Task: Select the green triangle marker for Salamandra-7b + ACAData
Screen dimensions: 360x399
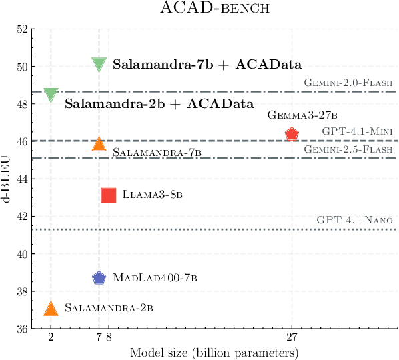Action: click(99, 64)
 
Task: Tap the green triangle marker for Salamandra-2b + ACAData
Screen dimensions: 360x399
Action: click(51, 95)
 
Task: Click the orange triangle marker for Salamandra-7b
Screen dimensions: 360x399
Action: click(99, 144)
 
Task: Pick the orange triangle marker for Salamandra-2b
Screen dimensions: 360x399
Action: click(51, 307)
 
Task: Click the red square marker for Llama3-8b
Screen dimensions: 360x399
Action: click(109, 195)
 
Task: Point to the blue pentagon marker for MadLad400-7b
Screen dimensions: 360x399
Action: click(99, 278)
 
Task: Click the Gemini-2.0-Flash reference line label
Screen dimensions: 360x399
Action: click(348, 83)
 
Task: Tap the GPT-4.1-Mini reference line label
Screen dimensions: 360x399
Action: click(358, 132)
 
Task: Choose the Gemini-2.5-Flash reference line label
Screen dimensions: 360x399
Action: click(348, 150)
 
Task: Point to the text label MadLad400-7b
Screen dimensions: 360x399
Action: click(155, 277)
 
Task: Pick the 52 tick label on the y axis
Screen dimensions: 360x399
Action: click(23, 30)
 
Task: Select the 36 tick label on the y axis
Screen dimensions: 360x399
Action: click(23, 329)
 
